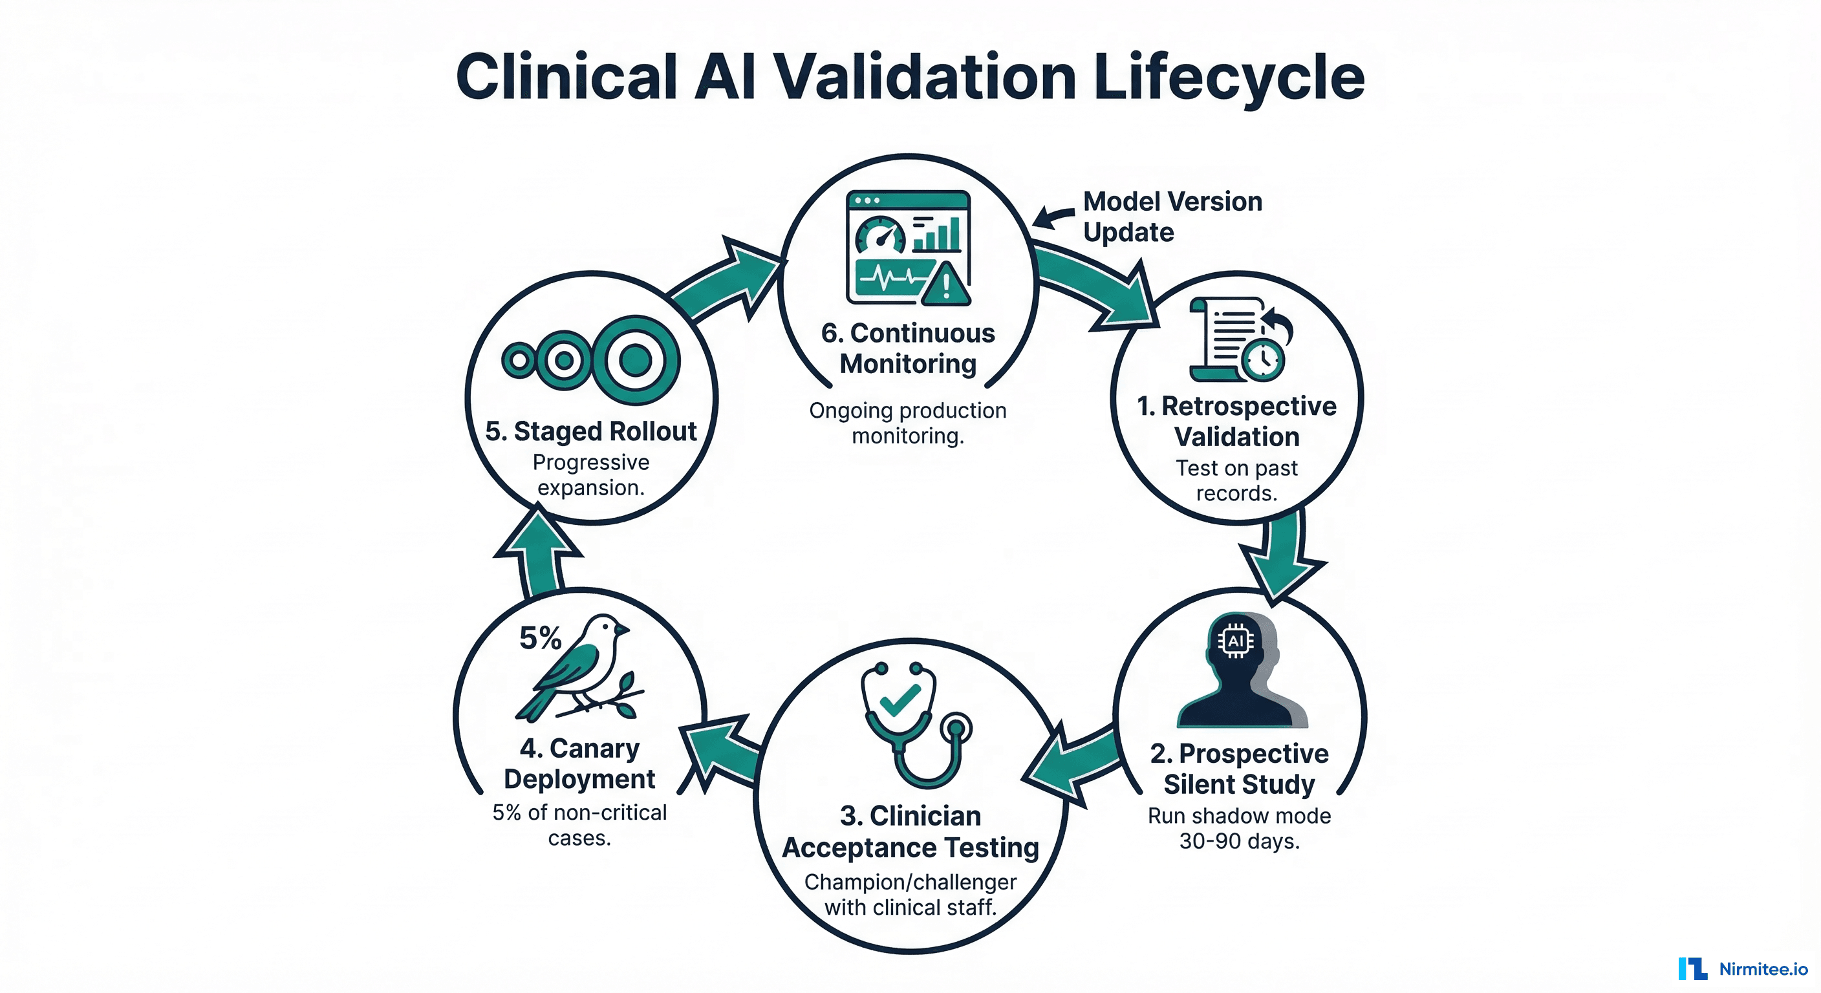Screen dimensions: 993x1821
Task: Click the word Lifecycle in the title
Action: [x=1229, y=78]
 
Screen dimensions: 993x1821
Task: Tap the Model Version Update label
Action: [x=1172, y=217]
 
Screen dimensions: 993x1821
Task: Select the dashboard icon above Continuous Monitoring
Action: [x=908, y=248]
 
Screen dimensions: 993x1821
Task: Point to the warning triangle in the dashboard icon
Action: [x=946, y=285]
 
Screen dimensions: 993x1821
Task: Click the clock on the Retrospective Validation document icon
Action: [x=1262, y=359]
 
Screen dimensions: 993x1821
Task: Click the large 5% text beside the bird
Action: [x=540, y=638]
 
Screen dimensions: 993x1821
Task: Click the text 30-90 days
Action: [x=1239, y=841]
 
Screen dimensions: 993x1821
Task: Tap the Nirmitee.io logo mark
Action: [x=1692, y=968]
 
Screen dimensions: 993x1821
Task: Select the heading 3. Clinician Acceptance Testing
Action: [x=910, y=831]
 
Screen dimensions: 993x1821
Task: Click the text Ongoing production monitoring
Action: [x=908, y=423]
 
